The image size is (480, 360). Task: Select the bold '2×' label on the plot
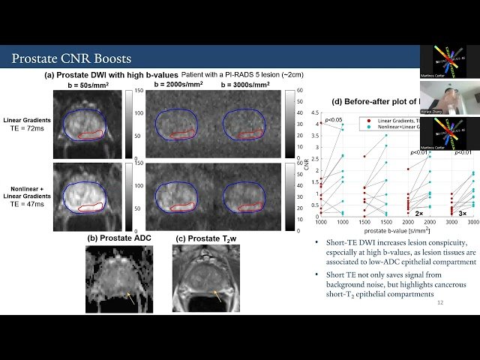click(418, 213)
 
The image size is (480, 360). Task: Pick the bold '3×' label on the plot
click(462, 213)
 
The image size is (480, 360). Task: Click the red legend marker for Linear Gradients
click(360, 120)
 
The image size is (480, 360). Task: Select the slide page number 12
click(439, 302)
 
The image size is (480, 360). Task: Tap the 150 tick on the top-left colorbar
click(139, 91)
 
